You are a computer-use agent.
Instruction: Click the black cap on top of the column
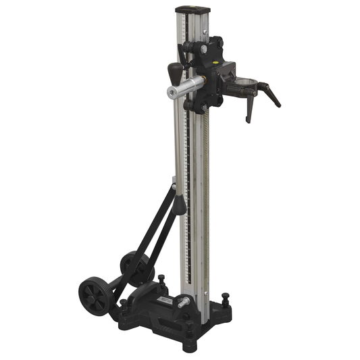coord(192,11)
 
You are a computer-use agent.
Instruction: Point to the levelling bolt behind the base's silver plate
coord(161,279)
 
